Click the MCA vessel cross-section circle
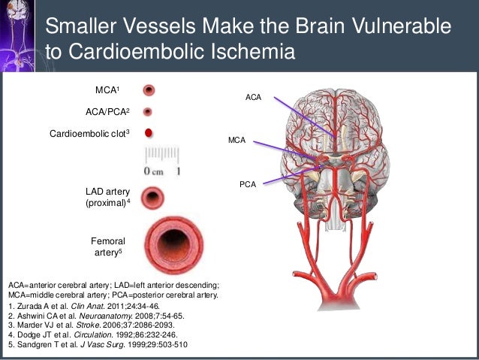[x=149, y=90]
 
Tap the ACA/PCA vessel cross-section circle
[x=148, y=111]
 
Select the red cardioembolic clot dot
[x=149, y=133]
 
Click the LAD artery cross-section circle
[x=154, y=199]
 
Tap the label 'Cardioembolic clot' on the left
[x=89, y=133]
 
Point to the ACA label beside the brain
[x=254, y=98]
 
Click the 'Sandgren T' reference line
[x=98, y=345]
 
